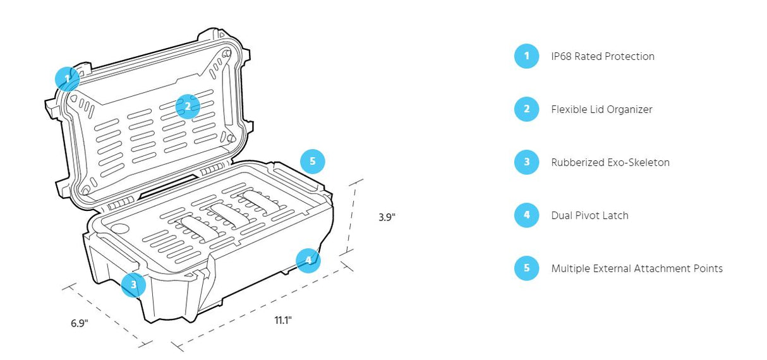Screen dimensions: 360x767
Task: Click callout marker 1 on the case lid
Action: pos(66,79)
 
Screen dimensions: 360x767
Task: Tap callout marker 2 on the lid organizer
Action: pos(187,106)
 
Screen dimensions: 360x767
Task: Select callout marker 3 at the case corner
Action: pos(133,285)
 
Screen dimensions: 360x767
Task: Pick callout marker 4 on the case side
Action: pos(308,260)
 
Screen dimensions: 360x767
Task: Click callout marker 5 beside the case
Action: pos(312,162)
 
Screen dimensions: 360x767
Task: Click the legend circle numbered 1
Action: pos(526,56)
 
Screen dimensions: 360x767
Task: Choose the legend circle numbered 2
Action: pos(526,109)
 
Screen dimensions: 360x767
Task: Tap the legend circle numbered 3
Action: pos(526,162)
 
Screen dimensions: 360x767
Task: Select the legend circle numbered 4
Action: pos(526,215)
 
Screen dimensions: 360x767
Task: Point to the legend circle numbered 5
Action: pos(526,268)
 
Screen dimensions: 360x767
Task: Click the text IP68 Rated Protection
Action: pos(602,56)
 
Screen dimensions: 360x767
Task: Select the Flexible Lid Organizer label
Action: pos(601,109)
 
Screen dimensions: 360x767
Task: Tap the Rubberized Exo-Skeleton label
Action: pos(610,162)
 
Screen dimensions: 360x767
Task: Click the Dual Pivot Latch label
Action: pos(589,215)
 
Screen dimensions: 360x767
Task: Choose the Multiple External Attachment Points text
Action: pos(636,268)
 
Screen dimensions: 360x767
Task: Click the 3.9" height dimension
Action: pos(387,217)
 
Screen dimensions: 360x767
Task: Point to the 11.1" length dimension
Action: pos(282,320)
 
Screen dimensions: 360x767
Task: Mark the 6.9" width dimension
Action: pos(79,323)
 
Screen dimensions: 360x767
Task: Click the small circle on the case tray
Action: pos(120,228)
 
